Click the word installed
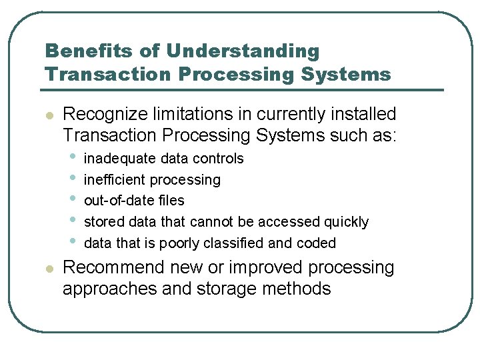(361, 114)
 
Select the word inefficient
(114, 180)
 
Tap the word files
(171, 201)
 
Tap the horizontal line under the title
(243, 89)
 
